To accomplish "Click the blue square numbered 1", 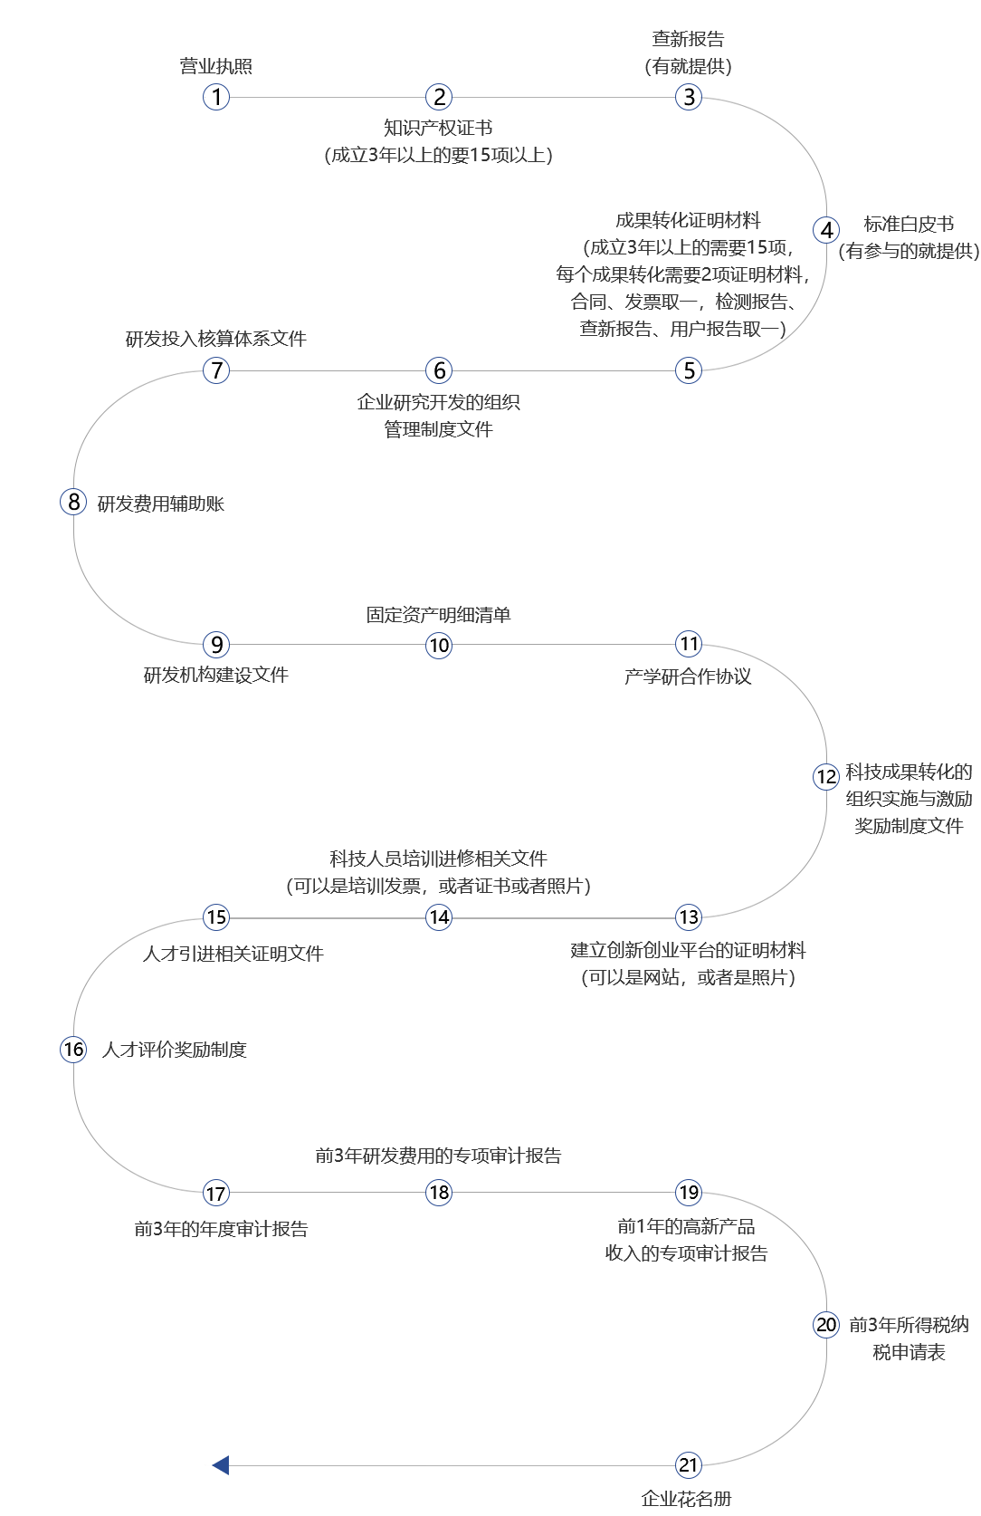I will point(216,97).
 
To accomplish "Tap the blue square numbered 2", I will point(439,97).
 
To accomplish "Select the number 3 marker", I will point(689,97).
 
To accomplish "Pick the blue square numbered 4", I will point(826,230).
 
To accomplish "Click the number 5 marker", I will point(689,370).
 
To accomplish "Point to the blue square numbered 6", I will point(439,370).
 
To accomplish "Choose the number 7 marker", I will point(216,370).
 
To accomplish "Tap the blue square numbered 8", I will point(73,502).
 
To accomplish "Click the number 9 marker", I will point(216,645).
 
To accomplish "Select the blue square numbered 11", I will point(689,644).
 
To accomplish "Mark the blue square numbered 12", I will point(826,777).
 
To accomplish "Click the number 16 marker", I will point(73,1050).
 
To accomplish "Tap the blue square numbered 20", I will point(826,1325).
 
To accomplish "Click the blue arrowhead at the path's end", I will point(220,1464).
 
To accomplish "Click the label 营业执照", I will point(215,66).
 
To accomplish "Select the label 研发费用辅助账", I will point(161,504).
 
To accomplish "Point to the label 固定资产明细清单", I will point(438,615).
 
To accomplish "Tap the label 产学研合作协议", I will point(688,676).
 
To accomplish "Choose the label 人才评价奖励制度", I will point(175,1050).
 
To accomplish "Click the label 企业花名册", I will point(687,1499).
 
